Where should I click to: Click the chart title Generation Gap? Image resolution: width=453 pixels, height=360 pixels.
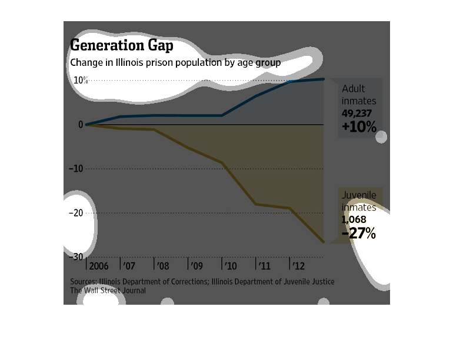121,45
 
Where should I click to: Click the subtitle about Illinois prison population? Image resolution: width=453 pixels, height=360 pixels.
175,62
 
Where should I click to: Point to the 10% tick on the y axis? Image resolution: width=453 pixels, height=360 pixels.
81,80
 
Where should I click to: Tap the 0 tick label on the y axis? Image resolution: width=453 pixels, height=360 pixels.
81,125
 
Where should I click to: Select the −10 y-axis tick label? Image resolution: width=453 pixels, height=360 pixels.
76,169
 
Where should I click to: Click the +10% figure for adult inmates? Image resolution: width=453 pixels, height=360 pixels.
358,126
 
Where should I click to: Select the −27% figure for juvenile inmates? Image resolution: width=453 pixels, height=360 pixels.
358,234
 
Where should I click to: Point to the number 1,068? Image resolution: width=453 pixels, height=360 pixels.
354,219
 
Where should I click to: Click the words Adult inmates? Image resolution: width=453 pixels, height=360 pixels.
359,95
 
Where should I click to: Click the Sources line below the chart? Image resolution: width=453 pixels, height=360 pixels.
202,282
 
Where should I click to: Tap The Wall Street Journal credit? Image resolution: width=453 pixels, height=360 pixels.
108,291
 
